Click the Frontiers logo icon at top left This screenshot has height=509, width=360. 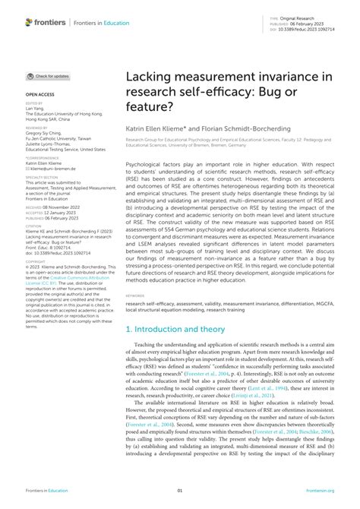click(x=29, y=24)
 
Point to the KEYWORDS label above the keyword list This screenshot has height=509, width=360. click(x=137, y=296)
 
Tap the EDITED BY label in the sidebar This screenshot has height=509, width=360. click(x=34, y=102)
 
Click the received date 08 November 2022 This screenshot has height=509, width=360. click(x=60, y=206)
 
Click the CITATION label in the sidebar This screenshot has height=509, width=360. click(x=34, y=225)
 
